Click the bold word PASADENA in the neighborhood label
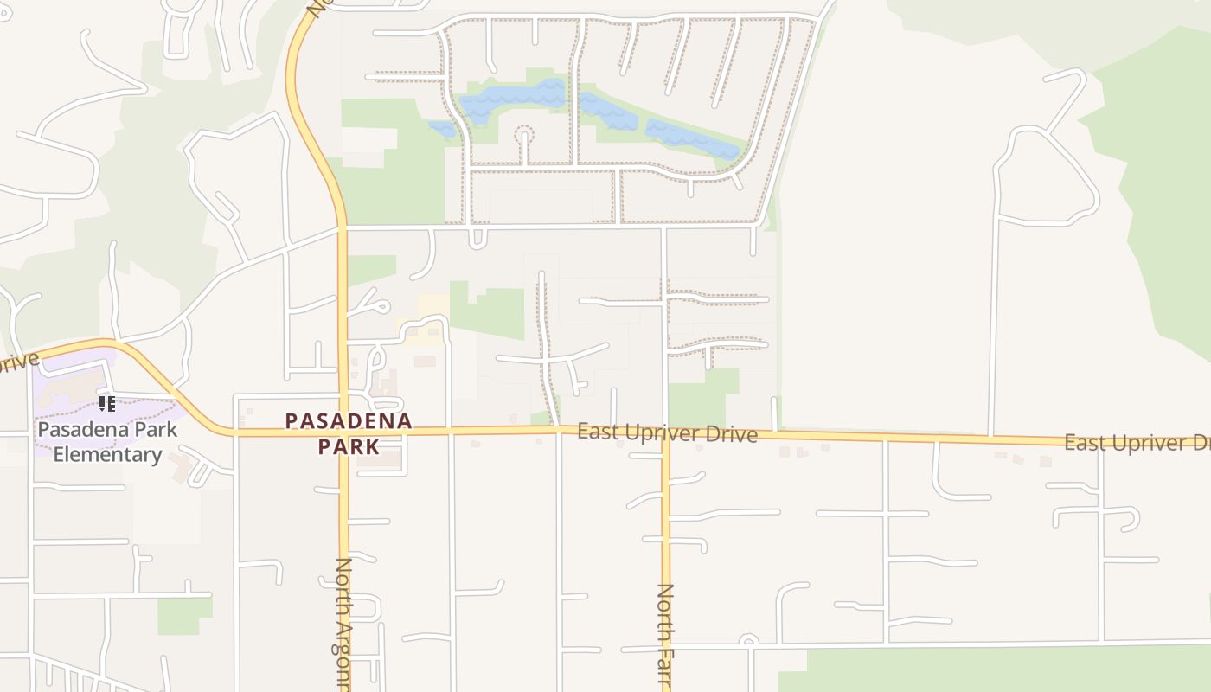pyautogui.click(x=349, y=421)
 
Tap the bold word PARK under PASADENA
pyautogui.click(x=349, y=447)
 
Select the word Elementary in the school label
pyautogui.click(x=107, y=455)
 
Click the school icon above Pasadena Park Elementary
pyautogui.click(x=107, y=403)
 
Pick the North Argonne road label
pyautogui.click(x=343, y=623)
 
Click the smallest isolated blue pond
pyautogui.click(x=443, y=129)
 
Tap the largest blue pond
pyautogui.click(x=510, y=99)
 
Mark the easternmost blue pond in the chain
pyautogui.click(x=692, y=140)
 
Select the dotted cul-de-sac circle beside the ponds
pyautogui.click(x=524, y=135)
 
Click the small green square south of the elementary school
pyautogui.click(x=184, y=615)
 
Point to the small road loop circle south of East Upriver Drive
pyautogui.click(x=749, y=641)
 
